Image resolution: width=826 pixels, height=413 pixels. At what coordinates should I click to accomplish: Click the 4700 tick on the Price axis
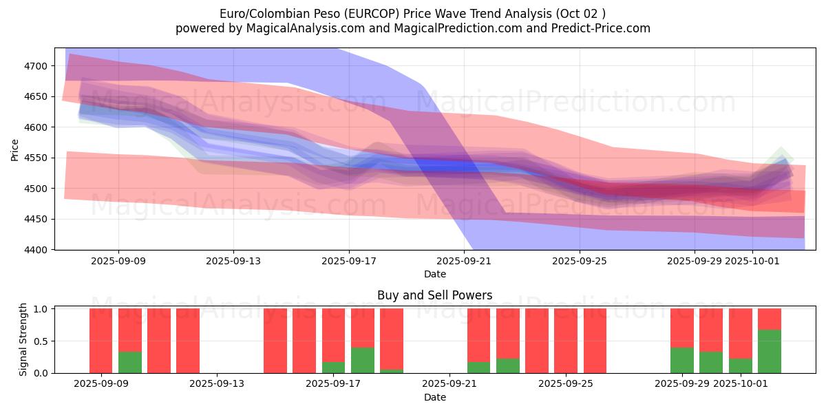tap(36, 66)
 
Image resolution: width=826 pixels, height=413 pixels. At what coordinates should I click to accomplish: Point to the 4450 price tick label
tap(36, 219)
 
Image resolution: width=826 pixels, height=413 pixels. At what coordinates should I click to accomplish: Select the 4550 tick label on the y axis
tap(36, 158)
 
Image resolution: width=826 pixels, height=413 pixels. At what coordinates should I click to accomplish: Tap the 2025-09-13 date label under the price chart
tap(233, 261)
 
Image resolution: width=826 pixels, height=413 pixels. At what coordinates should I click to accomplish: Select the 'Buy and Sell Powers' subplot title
tap(434, 295)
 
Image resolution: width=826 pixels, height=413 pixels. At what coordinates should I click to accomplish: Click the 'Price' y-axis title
tap(15, 149)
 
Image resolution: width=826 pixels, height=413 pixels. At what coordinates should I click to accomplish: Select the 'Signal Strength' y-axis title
tap(23, 340)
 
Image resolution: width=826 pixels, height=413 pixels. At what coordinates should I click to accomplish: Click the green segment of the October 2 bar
tap(770, 352)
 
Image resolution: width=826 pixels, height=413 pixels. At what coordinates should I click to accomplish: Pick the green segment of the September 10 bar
tap(130, 362)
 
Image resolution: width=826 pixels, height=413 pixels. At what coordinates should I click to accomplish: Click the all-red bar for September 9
tap(101, 341)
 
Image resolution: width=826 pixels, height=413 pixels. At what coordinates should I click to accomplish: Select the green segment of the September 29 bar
tap(682, 360)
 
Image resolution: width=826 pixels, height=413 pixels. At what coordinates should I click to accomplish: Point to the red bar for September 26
tap(595, 341)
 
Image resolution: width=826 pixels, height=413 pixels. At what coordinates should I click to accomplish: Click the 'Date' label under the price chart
tap(434, 274)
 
